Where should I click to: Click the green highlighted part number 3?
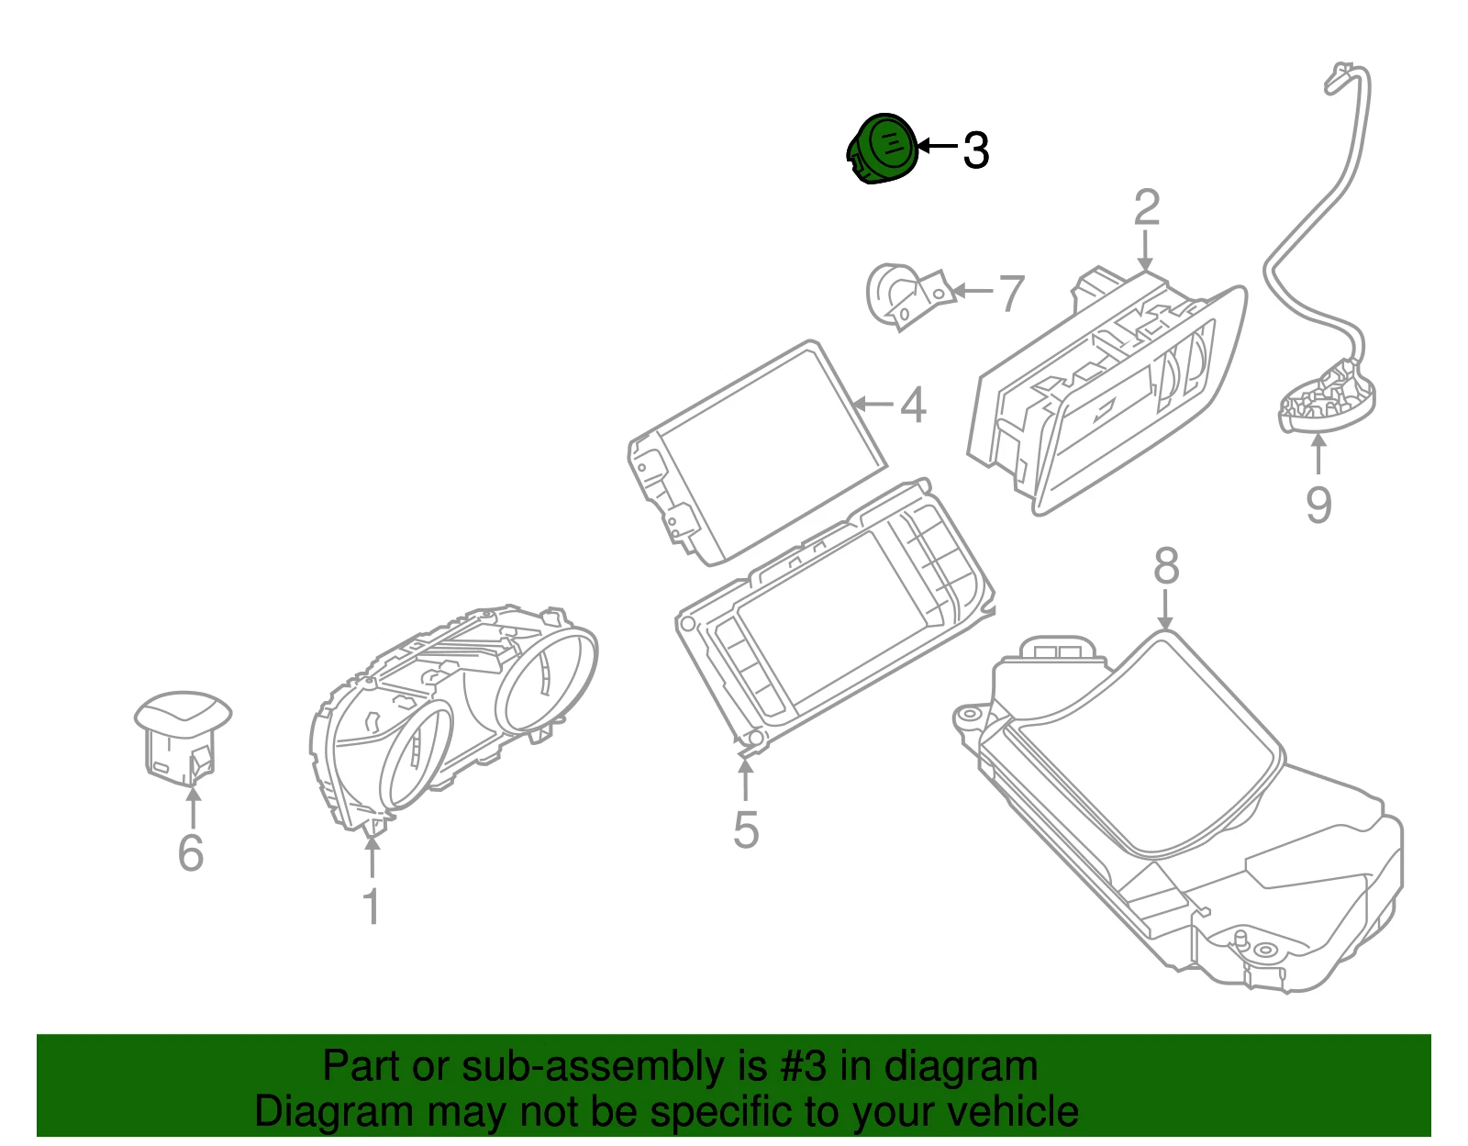pos(883,149)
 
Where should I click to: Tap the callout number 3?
pos(975,150)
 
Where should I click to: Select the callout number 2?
pos(1147,208)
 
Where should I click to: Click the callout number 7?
pos(1011,294)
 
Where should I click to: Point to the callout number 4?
pos(913,406)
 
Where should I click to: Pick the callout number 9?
pos(1318,505)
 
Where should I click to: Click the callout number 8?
pos(1167,566)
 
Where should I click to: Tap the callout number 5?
pos(747,830)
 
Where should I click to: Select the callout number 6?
pos(191,853)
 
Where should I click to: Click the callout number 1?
pos(373,906)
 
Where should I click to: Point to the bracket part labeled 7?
pos(908,297)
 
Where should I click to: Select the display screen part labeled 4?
pos(757,451)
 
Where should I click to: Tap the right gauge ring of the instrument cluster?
pos(547,681)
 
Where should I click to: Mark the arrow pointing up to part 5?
pos(745,781)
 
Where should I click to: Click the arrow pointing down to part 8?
pos(1165,610)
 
